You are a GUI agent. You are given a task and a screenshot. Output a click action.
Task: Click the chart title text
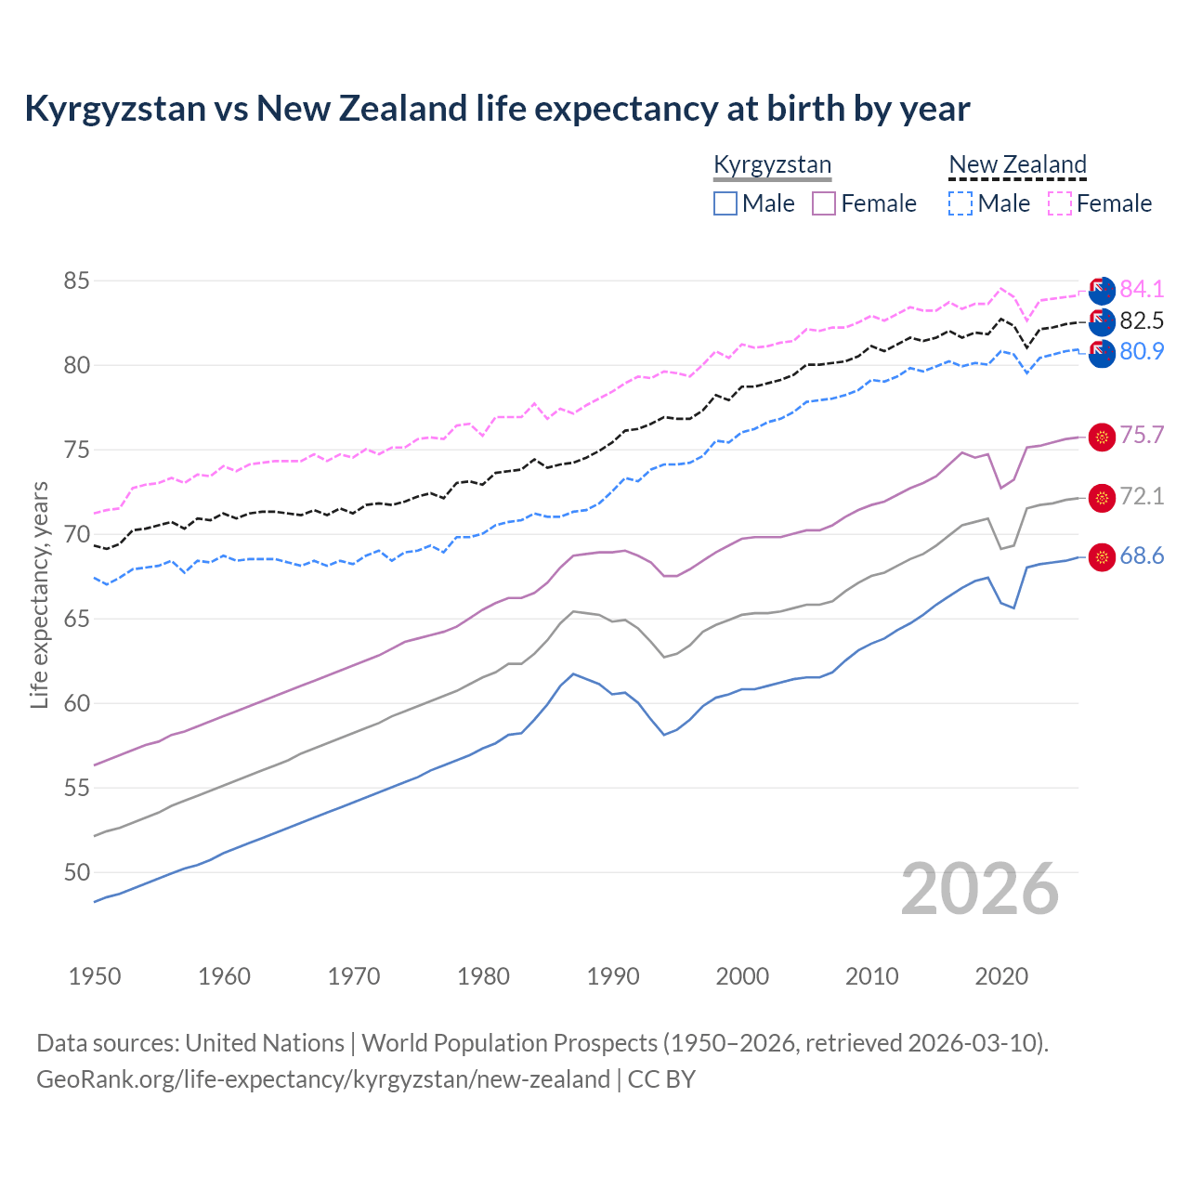pos(497,109)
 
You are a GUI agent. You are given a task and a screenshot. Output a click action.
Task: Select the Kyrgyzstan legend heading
pos(772,165)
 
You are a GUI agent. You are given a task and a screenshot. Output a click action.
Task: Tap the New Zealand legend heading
pos(1017,165)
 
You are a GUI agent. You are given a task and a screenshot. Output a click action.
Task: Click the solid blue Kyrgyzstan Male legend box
pos(725,203)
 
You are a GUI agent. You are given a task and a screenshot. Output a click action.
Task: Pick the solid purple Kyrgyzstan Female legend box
pos(824,203)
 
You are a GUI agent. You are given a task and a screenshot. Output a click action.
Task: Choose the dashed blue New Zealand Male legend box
pos(960,203)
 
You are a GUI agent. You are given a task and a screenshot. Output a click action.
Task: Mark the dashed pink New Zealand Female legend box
pos(1060,203)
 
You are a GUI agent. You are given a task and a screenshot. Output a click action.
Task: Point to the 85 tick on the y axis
pos(77,281)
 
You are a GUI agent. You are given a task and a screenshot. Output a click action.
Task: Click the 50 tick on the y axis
pos(77,872)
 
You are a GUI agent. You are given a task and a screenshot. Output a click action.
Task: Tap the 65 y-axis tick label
pos(77,619)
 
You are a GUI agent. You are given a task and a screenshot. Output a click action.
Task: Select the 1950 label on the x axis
pos(95,976)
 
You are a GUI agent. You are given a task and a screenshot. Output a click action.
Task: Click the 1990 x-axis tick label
pos(613,976)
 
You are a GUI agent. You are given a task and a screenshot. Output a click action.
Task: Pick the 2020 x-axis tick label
pos(1001,976)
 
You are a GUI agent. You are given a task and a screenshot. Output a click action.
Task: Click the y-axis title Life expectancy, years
pos(40,594)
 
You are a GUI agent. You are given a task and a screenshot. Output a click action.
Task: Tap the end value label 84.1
pos(1142,289)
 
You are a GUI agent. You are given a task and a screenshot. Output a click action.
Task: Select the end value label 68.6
pos(1142,556)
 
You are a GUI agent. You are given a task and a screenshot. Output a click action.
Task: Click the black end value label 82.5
pos(1142,321)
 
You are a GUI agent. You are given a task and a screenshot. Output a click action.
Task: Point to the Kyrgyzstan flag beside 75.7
pos(1102,437)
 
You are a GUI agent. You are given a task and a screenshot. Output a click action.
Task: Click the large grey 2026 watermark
pos(980,889)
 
